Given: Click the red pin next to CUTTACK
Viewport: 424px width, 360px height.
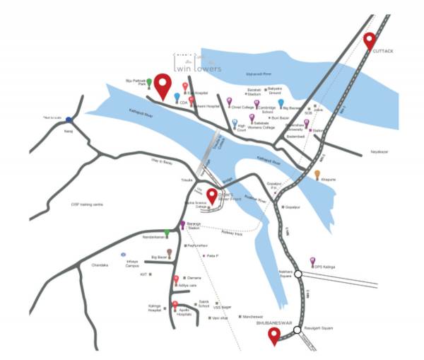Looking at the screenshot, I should click(x=369, y=42).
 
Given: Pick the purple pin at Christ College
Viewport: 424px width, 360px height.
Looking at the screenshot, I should click(x=229, y=102).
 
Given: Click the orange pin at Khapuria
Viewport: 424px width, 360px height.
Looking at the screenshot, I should click(x=317, y=174).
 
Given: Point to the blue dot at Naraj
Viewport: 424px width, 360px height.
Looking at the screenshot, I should click(x=69, y=120).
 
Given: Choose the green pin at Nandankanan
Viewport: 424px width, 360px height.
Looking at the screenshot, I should click(x=167, y=233).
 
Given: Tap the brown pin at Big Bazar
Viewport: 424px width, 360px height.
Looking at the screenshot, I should click(x=169, y=252).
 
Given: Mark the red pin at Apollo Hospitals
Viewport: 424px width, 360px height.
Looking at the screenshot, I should click(x=175, y=305).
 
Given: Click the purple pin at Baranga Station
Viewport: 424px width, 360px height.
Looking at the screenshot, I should click(x=182, y=225).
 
